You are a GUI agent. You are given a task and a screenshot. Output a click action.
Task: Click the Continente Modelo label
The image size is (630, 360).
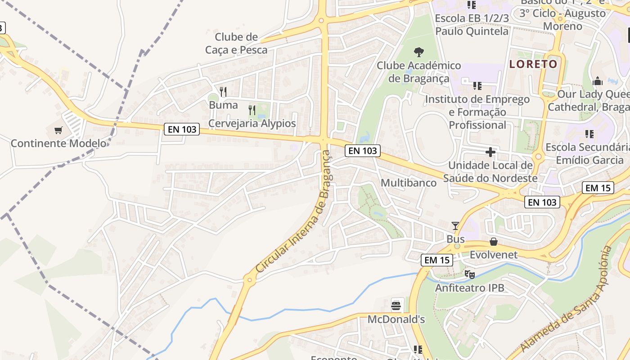[x=58, y=144]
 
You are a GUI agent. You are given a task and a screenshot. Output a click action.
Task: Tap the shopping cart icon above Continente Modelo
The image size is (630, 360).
[x=58, y=130]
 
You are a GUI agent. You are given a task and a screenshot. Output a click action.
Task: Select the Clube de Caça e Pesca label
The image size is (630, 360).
[x=236, y=43]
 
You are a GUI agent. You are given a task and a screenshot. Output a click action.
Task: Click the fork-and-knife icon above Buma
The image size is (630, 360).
[x=223, y=92]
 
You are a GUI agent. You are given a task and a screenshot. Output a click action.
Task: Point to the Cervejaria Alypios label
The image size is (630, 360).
[x=252, y=123]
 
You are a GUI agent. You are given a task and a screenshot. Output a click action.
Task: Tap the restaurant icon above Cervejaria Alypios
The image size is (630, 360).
[x=252, y=110]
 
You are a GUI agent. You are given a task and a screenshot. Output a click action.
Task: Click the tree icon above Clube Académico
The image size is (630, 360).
[x=419, y=52]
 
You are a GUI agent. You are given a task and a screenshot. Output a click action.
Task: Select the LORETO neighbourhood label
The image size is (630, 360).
[x=533, y=64]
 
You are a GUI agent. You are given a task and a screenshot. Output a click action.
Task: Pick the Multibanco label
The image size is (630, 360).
[x=409, y=183]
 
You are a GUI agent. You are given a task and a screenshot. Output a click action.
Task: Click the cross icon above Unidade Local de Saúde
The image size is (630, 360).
[x=490, y=152]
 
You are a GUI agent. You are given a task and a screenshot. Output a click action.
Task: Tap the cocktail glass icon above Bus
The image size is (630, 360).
[x=455, y=225]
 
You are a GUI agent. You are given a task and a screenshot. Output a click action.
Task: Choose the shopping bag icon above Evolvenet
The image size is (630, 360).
[x=494, y=242]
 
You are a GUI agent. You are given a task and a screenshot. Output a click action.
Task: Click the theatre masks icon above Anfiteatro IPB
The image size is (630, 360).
[x=469, y=274]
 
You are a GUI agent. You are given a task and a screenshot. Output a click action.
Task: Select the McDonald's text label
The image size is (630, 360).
[x=396, y=319]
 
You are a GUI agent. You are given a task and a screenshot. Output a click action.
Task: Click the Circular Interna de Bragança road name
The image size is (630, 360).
[x=295, y=211]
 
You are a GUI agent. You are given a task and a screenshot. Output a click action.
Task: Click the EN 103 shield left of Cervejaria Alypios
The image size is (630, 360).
[x=182, y=129]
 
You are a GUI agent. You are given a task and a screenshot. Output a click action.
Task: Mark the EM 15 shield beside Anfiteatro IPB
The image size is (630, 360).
[x=436, y=260]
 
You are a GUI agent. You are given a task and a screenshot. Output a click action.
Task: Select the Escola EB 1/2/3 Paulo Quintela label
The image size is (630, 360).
[x=472, y=25]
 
